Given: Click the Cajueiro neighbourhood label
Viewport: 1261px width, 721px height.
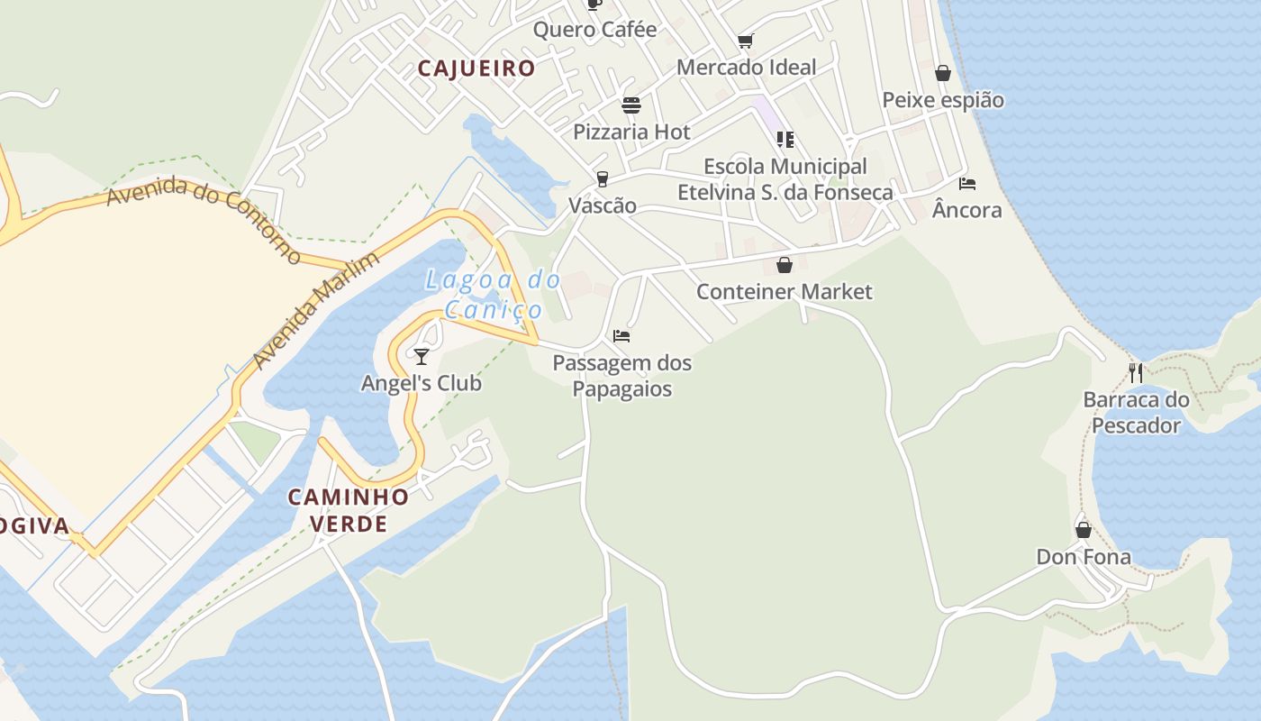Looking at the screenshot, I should click(476, 68).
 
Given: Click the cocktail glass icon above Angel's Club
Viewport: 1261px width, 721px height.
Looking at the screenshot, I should click(422, 356).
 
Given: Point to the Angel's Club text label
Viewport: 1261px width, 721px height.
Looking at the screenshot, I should click(422, 383).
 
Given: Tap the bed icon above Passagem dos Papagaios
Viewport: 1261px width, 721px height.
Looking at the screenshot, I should click(621, 336).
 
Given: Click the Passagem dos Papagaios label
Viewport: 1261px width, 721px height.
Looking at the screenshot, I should click(622, 376).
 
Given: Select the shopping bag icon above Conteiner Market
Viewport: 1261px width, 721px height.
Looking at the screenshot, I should click(785, 265).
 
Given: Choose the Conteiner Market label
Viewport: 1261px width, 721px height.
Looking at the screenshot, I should click(785, 291).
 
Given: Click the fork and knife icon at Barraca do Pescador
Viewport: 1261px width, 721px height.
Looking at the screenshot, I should click(1136, 372).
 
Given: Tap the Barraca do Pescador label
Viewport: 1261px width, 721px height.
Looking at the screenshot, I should click(1136, 412).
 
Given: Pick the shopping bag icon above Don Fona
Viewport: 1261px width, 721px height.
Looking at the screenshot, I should click(1084, 530).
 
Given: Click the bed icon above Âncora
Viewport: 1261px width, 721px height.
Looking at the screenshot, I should click(967, 184).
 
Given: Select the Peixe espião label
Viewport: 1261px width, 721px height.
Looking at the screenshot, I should click(943, 99).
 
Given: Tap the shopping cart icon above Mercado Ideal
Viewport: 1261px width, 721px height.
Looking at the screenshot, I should click(746, 41).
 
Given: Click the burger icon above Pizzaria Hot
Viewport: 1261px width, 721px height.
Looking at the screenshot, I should click(631, 105).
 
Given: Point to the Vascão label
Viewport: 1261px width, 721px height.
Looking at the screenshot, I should click(603, 205).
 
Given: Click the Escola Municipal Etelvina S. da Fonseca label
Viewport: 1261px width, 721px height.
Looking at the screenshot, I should click(785, 179).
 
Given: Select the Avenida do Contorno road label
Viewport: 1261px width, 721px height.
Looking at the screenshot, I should click(204, 218).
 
